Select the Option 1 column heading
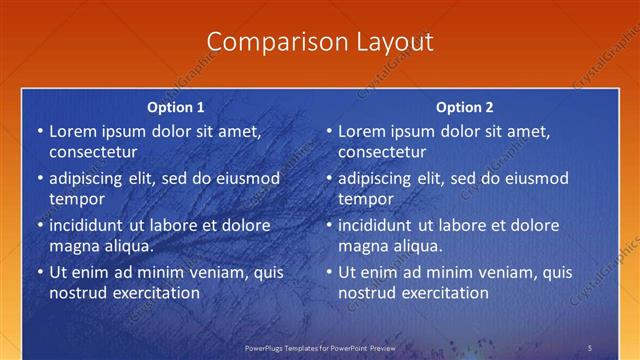pyautogui.click(x=176, y=107)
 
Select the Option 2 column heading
pyautogui.click(x=464, y=107)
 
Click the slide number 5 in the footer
pyautogui.click(x=589, y=347)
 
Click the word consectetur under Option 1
pyautogui.click(x=93, y=152)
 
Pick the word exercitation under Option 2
pyautogui.click(x=442, y=293)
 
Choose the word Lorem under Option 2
pyautogui.click(x=361, y=131)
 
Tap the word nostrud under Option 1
pyautogui.click(x=76, y=293)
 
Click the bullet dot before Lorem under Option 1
pyautogui.click(x=40, y=132)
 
